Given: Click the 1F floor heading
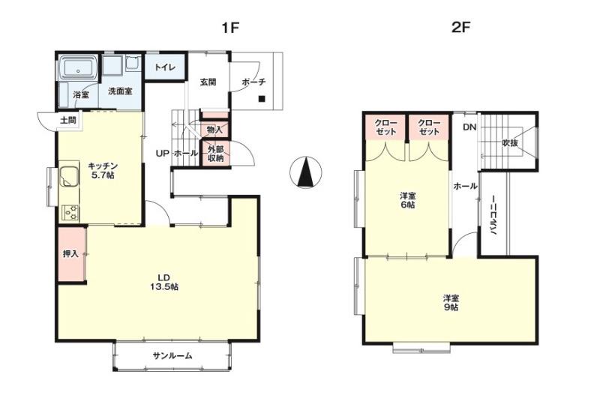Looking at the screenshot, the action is point(230,28).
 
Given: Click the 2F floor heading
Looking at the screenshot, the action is point(460,28).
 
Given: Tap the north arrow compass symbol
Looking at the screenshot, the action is point(306,172).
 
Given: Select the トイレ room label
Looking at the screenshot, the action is point(165,67).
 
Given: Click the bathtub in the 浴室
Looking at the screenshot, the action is point(79,69).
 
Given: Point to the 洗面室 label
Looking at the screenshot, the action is point(120,91).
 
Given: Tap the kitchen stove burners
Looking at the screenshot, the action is point(70,213).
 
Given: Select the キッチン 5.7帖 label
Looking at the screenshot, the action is point(103,171).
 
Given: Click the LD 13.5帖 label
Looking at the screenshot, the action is point(163,282).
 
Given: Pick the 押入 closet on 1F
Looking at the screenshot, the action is point(71,254).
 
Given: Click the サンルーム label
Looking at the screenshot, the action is point(172,356).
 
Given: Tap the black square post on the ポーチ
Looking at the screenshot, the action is point(262,99).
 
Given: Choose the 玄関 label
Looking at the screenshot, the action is point(208,82).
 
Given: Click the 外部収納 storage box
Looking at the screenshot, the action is point(216,154).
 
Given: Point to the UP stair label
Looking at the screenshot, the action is point(162,154).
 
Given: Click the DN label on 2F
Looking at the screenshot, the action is point(470,127).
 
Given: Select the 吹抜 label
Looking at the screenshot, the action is point(510,143).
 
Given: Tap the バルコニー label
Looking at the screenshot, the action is point(493,215).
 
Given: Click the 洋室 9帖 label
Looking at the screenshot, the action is point(451,303).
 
